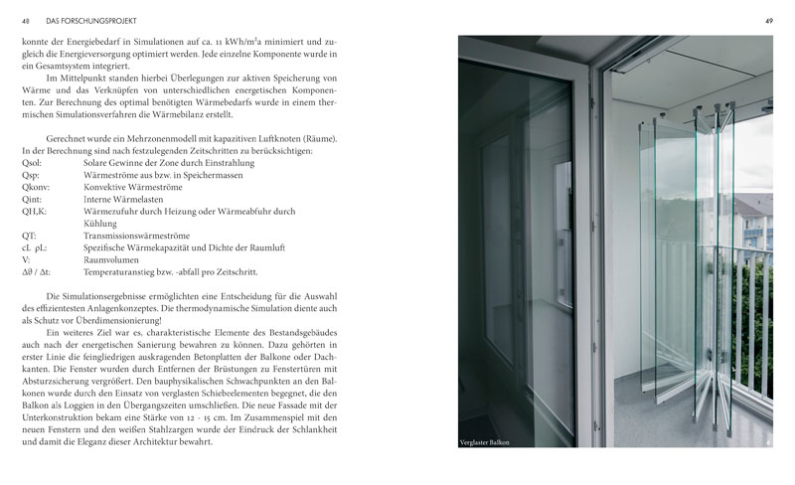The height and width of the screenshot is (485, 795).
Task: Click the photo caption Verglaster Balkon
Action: [486, 442]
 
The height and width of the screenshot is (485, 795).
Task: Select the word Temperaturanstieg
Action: [123, 270]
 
